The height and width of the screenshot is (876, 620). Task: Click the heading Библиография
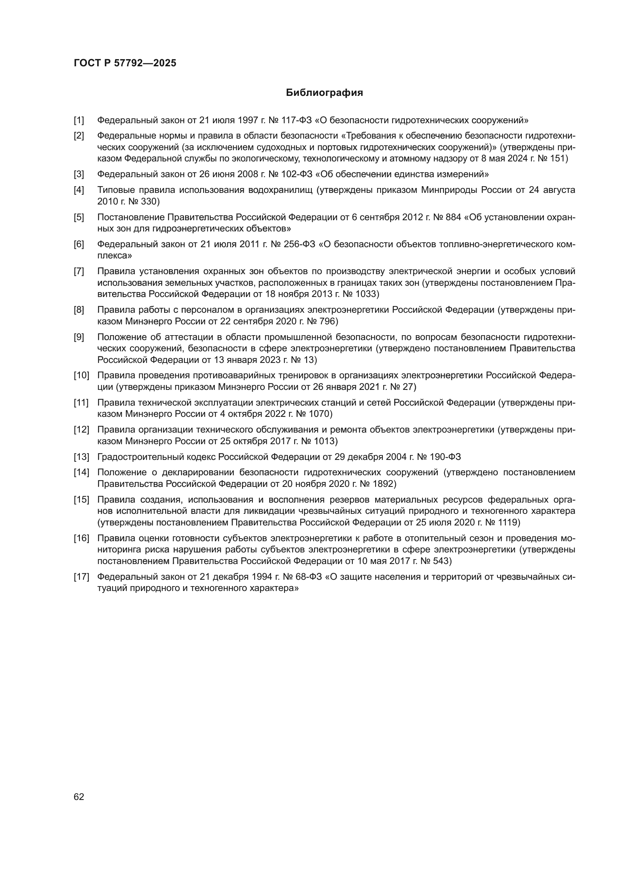(x=324, y=93)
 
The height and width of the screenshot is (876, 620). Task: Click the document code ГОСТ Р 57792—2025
(x=125, y=63)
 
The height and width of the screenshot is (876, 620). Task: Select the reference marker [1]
(x=79, y=121)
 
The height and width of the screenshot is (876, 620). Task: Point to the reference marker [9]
(x=79, y=337)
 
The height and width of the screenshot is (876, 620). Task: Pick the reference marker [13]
(x=81, y=457)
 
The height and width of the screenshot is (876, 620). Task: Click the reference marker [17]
(x=81, y=576)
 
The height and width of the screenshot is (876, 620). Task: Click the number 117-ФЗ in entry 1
(x=296, y=121)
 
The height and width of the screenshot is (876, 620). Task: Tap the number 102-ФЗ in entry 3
(x=296, y=175)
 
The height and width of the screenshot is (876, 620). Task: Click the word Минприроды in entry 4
(x=445, y=190)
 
